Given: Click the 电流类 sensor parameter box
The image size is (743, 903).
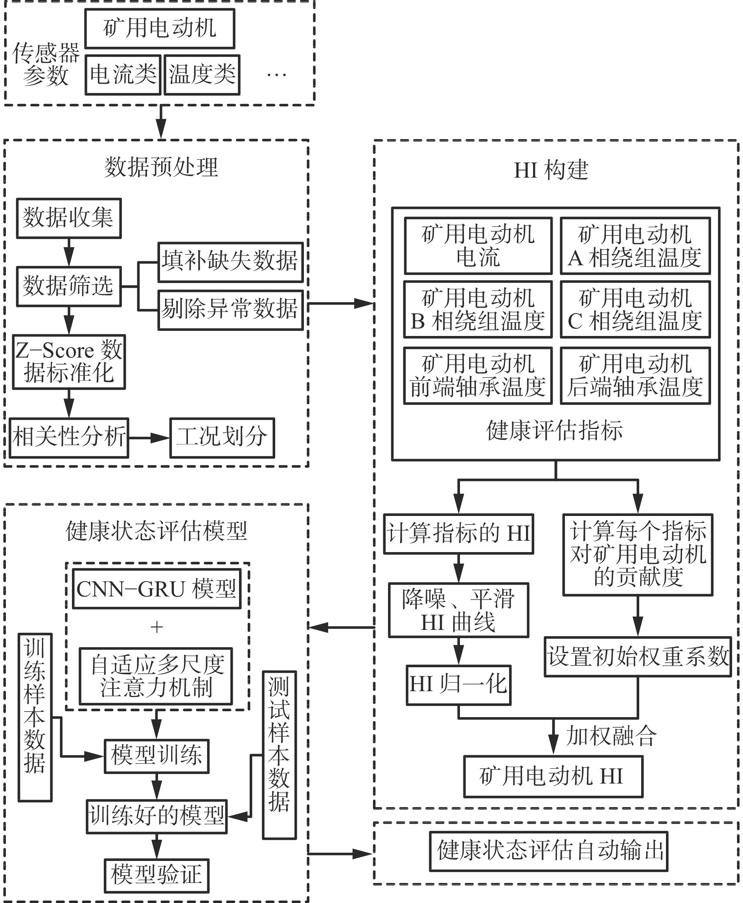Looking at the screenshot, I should click(x=123, y=75).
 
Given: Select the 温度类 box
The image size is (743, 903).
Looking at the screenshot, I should click(x=202, y=75).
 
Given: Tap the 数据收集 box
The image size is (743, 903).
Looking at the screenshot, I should click(x=68, y=218).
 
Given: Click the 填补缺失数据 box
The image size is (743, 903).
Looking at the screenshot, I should click(x=230, y=262).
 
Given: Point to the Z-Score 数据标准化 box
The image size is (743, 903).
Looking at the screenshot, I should click(x=68, y=362).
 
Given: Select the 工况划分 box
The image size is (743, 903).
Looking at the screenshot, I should click(x=222, y=438).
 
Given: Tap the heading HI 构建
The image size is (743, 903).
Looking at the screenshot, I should click(x=551, y=170).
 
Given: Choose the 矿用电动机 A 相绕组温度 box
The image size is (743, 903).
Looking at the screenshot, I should click(x=635, y=246).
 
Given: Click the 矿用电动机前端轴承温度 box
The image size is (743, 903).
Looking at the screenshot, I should click(x=478, y=376).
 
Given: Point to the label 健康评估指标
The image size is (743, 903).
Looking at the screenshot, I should click(x=555, y=431).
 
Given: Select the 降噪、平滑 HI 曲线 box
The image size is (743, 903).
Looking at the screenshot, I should click(x=458, y=610).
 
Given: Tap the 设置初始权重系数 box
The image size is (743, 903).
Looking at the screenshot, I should click(x=638, y=657).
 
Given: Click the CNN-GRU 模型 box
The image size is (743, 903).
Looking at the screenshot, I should click(x=156, y=589).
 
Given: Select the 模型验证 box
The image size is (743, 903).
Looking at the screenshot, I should click(x=156, y=875).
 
